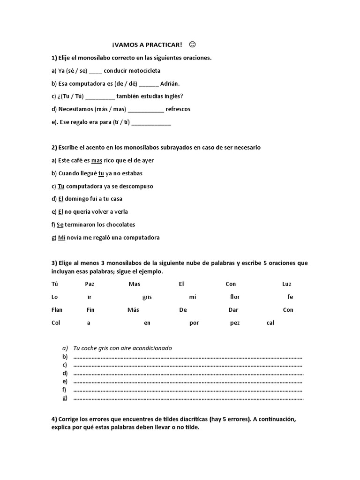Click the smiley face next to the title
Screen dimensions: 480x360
tap(192, 45)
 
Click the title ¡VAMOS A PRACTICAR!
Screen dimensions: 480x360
tap(147, 45)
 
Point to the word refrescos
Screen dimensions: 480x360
tap(178, 109)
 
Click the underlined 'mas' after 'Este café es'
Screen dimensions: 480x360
tap(97, 160)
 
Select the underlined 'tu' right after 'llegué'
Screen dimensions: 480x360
tap(101, 173)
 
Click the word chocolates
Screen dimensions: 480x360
tap(117, 225)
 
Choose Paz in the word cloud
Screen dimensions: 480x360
tap(90, 284)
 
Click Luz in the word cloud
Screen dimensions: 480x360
tap(286, 284)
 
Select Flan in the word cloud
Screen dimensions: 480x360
tap(57, 310)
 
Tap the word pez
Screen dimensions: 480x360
tap(234, 323)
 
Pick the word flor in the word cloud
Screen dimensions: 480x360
tap(235, 297)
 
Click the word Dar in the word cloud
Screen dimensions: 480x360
tap(233, 310)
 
